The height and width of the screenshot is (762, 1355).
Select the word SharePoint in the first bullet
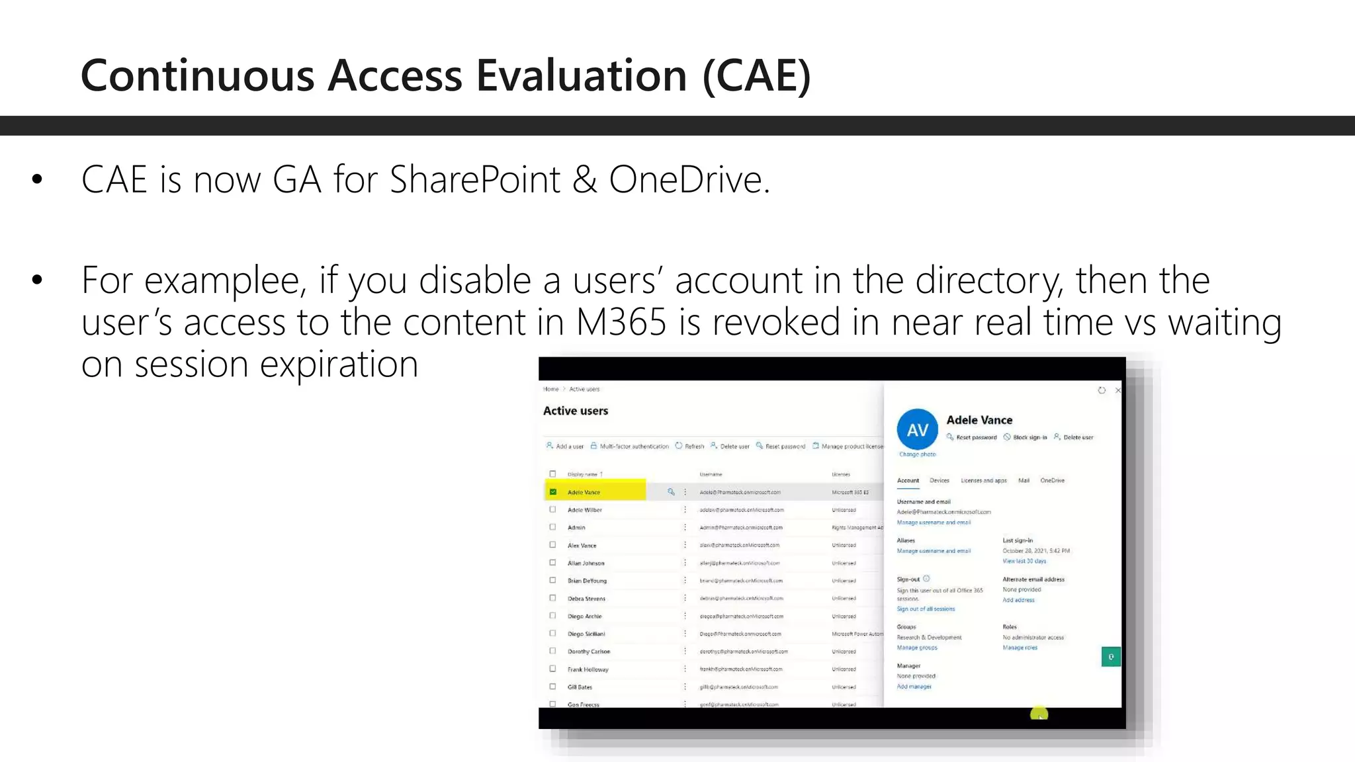click(474, 179)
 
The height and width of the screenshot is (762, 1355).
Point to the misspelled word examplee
click(223, 280)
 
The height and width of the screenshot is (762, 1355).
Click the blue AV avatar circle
click(917, 430)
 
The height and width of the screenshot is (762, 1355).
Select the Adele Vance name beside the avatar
click(979, 420)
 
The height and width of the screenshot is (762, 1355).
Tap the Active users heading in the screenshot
click(576, 411)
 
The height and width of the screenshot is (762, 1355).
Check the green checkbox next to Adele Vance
click(553, 492)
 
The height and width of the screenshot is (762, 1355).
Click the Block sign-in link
click(1029, 437)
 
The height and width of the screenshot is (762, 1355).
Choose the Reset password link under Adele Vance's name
click(976, 437)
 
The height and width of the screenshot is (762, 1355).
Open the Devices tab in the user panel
click(939, 480)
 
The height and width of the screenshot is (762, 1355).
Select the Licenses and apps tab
click(983, 480)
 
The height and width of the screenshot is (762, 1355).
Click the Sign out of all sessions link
click(926, 609)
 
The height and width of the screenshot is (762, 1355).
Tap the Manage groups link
click(917, 648)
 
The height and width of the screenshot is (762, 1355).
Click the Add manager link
click(914, 687)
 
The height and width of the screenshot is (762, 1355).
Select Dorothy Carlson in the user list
click(589, 652)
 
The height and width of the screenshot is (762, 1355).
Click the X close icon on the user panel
click(1118, 390)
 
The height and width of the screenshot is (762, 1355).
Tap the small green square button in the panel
click(1111, 657)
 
